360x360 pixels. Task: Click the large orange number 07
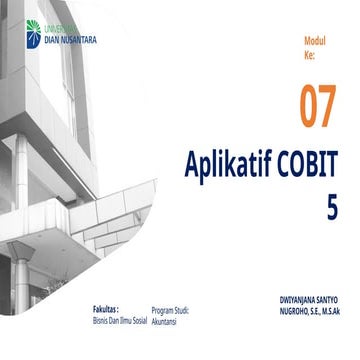(317, 108)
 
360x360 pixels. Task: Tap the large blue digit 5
(331, 206)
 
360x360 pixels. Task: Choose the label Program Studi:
(171, 311)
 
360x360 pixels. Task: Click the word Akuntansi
(165, 322)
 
